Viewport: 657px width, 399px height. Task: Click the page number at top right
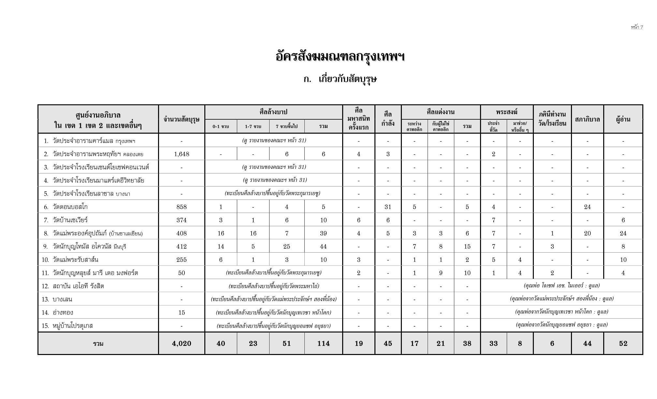tap(637, 27)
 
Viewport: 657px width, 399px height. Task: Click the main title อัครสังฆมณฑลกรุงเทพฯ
tap(340, 57)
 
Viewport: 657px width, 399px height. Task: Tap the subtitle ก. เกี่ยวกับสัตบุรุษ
tap(340, 79)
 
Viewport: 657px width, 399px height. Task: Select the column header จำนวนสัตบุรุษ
tap(182, 119)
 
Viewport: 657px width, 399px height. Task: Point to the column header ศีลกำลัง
tap(388, 119)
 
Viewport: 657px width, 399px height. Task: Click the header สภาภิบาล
tap(587, 119)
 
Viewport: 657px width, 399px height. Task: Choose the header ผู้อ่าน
tap(623, 119)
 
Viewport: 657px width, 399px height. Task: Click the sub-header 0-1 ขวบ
tap(221, 126)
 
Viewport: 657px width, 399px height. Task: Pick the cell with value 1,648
tap(182, 154)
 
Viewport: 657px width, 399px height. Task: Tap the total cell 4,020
tap(182, 344)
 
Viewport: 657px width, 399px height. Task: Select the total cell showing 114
tap(323, 344)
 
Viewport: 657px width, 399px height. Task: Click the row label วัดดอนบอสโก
tap(70, 207)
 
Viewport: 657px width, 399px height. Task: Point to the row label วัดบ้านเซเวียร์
tap(70, 220)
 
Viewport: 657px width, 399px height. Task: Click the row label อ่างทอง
tap(63, 313)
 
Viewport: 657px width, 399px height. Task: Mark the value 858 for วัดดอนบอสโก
tap(182, 207)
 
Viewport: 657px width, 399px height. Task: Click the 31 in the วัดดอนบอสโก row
tap(388, 207)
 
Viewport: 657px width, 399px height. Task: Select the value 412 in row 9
tap(182, 247)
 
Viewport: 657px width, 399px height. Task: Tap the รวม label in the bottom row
tap(98, 344)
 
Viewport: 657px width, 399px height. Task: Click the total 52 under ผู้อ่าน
tap(623, 344)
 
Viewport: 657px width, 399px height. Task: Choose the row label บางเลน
tap(62, 300)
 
